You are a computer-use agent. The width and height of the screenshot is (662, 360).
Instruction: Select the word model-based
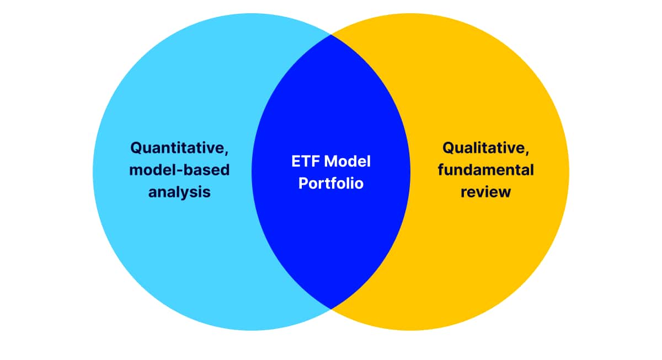click(x=179, y=170)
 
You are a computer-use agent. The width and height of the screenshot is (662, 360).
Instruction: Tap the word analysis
click(x=179, y=192)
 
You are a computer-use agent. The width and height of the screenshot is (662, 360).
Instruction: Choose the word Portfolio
click(x=331, y=183)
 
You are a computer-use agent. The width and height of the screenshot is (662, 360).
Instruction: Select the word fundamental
click(x=486, y=170)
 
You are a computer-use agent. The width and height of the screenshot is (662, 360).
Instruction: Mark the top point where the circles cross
click(x=331, y=34)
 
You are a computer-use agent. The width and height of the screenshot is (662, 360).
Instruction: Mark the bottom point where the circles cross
click(x=331, y=309)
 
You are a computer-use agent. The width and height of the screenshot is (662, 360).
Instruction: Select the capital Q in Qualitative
click(x=449, y=148)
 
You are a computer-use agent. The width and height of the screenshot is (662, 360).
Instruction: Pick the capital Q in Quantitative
click(x=136, y=148)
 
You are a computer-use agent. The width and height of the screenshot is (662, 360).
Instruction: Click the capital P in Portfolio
click(x=303, y=183)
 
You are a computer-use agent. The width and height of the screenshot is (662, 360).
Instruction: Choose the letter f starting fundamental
click(x=441, y=169)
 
